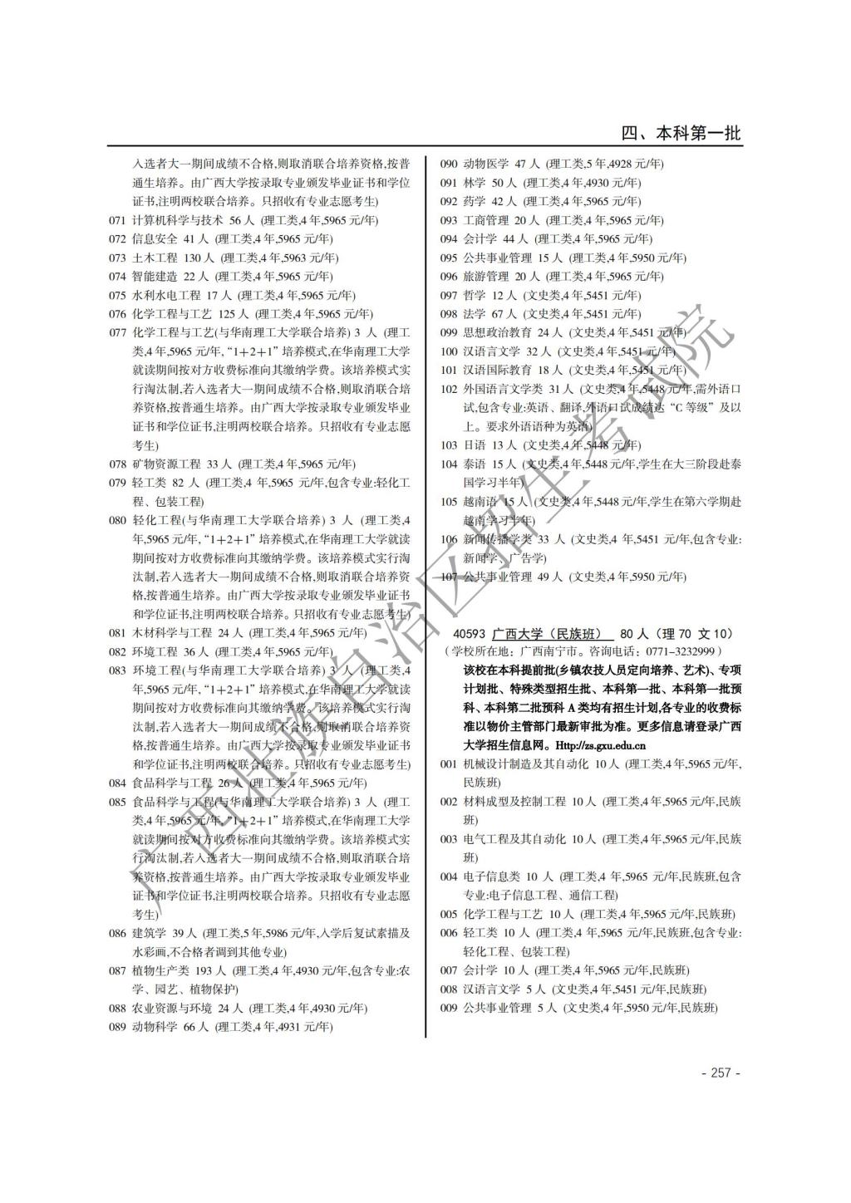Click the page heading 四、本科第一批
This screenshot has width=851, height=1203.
[681, 134]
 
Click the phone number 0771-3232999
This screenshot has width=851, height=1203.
[684, 651]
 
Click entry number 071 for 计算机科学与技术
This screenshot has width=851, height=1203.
[117, 220]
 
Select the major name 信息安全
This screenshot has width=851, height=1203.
[155, 238]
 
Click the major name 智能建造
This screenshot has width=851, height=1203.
[155, 276]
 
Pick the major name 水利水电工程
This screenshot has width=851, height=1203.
[166, 295]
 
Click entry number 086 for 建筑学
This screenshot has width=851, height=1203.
[117, 933]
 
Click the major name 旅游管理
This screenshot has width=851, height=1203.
[485, 276]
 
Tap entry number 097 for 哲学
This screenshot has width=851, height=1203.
[449, 295]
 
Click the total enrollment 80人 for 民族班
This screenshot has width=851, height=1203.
[634, 633]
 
